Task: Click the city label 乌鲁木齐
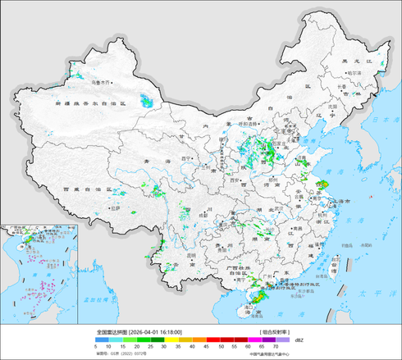tap(101, 83)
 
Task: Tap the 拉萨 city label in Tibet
tap(115, 208)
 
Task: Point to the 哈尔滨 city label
tap(354, 73)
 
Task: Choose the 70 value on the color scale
tap(276, 348)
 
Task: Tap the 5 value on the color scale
tap(96, 348)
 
